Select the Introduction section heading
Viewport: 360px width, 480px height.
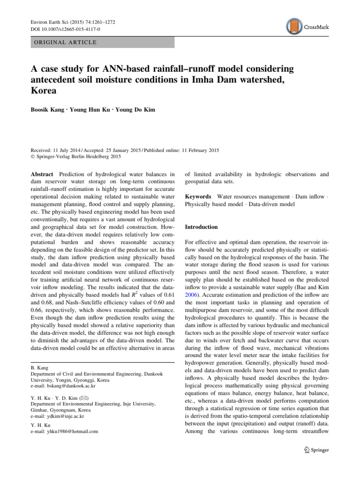[x=201, y=227]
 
